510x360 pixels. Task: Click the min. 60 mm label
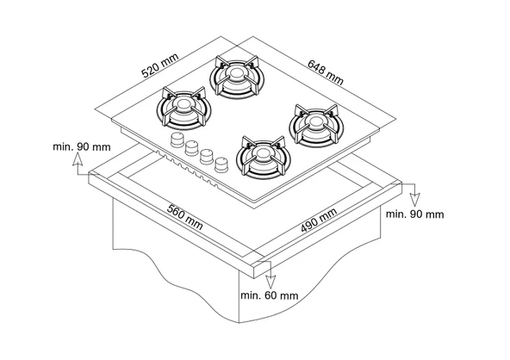270,295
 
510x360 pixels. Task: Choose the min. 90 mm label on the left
82,146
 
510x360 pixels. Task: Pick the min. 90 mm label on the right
414,213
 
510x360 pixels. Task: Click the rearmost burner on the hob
236,78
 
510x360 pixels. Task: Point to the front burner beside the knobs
260,158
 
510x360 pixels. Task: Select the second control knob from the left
192,147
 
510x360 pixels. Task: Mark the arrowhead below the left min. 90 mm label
83,171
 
